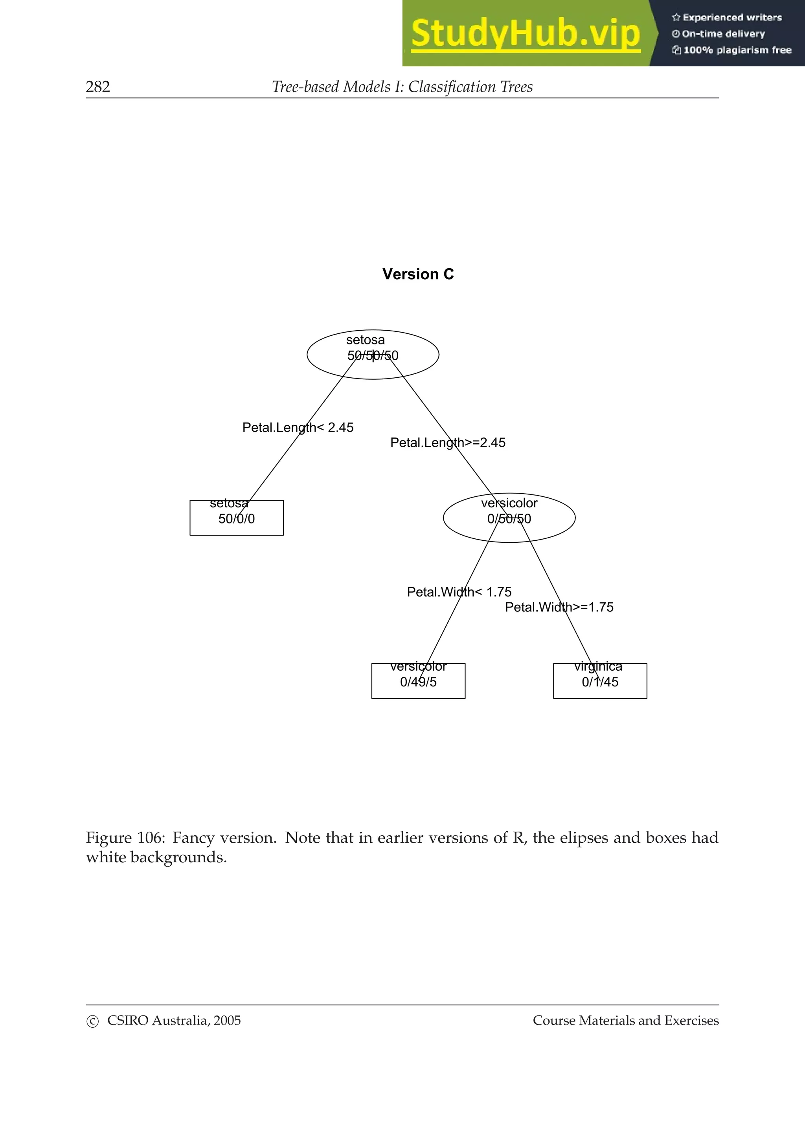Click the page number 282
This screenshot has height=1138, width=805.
pos(98,87)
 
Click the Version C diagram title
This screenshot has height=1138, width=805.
pos(417,274)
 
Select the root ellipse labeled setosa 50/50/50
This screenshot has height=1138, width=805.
pos(373,354)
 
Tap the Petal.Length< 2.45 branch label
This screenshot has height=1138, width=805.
pos(298,427)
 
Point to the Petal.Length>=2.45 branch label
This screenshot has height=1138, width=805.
pos(447,443)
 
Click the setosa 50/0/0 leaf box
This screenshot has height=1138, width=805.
pos(236,518)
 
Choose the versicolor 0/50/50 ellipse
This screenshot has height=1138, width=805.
pos(509,518)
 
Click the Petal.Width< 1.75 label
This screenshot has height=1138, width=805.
pos(459,592)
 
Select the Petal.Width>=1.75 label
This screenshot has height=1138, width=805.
pos(559,607)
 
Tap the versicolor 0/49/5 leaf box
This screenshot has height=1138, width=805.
pos(418,681)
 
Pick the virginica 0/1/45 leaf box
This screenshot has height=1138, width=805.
pos(600,681)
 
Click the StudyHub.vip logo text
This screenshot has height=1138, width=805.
pos(525,34)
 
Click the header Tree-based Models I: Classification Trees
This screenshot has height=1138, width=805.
pos(402,87)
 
